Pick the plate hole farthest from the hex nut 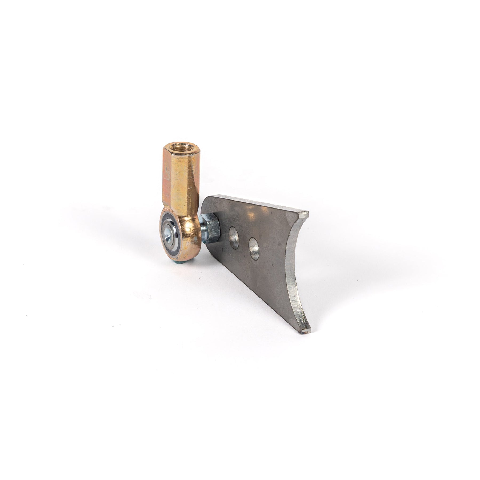point(254,246)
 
